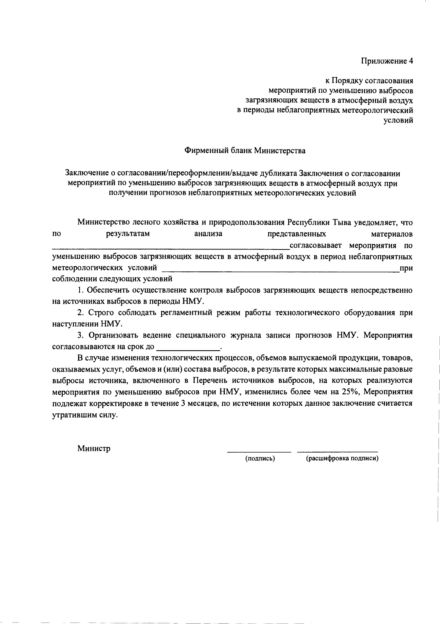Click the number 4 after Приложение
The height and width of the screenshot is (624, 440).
pyautogui.click(x=411, y=61)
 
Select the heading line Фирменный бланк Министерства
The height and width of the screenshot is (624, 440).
pyautogui.click(x=245, y=150)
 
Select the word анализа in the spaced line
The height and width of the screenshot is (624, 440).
pyautogui.click(x=208, y=234)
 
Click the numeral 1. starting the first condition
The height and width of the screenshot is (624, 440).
pyautogui.click(x=81, y=290)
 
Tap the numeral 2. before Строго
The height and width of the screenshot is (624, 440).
pyautogui.click(x=81, y=313)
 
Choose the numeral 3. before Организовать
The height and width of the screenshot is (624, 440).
pyautogui.click(x=81, y=335)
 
